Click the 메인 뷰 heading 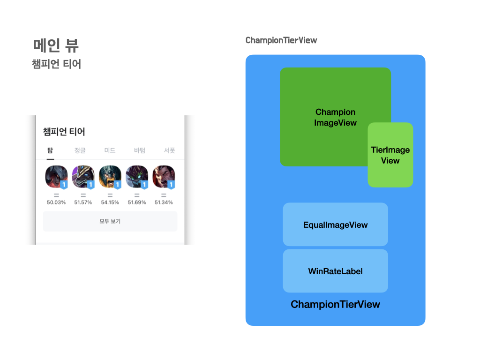point(56,45)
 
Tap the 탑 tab point(50,150)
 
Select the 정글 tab point(80,150)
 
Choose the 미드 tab point(110,150)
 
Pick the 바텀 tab point(140,150)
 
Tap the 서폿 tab point(169,150)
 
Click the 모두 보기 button point(110,221)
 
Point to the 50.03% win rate point(56,202)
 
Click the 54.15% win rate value point(110,202)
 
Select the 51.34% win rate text point(164,202)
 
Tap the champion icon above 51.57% point(83,177)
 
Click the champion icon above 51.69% point(137,177)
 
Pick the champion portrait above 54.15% point(110,177)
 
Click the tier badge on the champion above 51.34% point(171,185)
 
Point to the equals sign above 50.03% point(56,195)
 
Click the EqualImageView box point(335,225)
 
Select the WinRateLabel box point(335,271)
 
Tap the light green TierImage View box point(390,155)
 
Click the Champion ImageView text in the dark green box point(335,117)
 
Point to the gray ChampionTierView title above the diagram point(281,40)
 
